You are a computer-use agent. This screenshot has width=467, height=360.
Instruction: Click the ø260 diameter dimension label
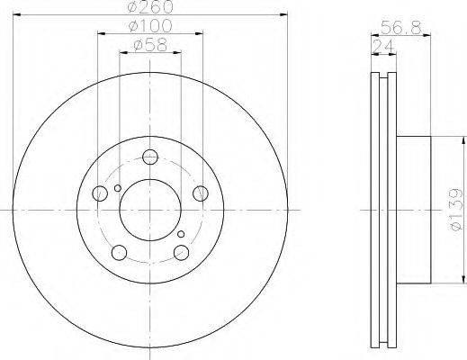tap(150, 6)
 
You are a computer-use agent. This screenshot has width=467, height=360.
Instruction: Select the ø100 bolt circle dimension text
tap(150, 26)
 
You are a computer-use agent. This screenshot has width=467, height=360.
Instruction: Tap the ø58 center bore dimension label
tap(150, 45)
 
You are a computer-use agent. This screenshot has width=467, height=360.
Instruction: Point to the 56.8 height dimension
tap(401, 28)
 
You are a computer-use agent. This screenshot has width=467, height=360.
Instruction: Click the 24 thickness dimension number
tap(382, 47)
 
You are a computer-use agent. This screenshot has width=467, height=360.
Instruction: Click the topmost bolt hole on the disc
tap(150, 157)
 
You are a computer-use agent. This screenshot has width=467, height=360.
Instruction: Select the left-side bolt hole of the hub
tap(100, 193)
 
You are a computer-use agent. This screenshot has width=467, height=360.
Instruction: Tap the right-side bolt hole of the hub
tap(201, 193)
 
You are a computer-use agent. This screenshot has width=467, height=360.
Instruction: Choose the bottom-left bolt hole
tap(119, 252)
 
